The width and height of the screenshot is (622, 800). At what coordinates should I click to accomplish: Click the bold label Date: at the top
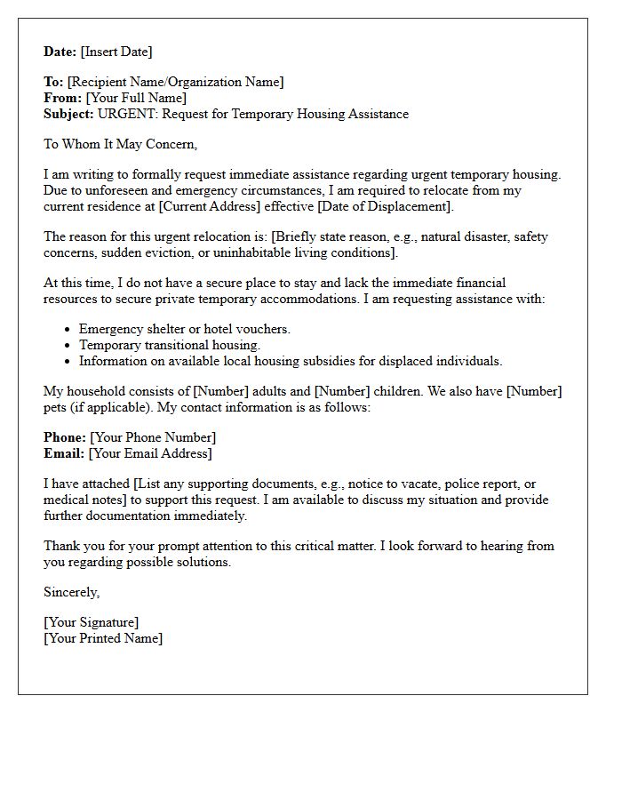[x=60, y=52]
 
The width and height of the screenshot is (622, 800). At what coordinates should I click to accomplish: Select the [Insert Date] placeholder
[x=116, y=52]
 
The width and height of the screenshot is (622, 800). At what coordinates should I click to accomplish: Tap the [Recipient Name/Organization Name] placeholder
[x=176, y=82]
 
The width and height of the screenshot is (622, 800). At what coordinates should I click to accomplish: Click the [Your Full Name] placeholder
[x=136, y=98]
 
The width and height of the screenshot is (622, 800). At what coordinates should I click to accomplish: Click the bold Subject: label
[x=68, y=114]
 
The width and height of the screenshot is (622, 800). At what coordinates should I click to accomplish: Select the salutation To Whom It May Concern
[x=120, y=144]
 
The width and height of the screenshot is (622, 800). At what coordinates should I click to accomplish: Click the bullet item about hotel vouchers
[x=185, y=329]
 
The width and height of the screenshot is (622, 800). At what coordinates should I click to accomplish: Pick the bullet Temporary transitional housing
[x=170, y=345]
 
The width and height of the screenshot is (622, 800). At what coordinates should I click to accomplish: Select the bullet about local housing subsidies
[x=291, y=361]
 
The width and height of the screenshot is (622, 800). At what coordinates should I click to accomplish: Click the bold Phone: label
[x=65, y=437]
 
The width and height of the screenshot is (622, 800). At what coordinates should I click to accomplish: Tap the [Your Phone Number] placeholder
[x=153, y=437]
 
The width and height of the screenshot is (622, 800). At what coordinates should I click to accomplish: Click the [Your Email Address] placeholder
[x=150, y=453]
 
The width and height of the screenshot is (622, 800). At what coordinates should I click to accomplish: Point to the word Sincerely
[x=72, y=592]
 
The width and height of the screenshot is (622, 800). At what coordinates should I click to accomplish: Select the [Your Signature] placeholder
[x=92, y=622]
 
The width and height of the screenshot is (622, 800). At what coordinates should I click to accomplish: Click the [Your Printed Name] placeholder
[x=103, y=638]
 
